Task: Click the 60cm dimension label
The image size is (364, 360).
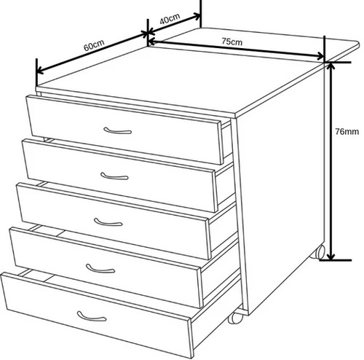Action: tap(94, 45)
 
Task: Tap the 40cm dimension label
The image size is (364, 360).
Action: tap(170, 18)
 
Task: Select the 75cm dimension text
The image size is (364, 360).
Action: tap(232, 42)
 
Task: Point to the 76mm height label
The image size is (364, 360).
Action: tap(347, 132)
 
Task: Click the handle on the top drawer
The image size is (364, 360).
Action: tap(118, 131)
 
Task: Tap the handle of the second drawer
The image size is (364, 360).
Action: tap(114, 176)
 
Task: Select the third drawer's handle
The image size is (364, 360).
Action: tap(108, 222)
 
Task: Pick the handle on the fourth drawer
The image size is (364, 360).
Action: tap(100, 269)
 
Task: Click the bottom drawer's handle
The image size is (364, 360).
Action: tap(92, 316)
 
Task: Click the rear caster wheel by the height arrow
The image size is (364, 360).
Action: tap(318, 251)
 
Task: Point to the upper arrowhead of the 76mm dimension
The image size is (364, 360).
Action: tap(331, 66)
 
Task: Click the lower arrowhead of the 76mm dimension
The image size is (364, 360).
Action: tap(331, 256)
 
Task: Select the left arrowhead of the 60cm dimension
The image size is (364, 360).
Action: tap(40, 71)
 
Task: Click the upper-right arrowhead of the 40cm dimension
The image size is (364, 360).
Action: tap(197, 17)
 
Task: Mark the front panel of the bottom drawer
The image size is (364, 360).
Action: tap(96, 314)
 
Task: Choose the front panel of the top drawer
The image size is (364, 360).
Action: tap(124, 130)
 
